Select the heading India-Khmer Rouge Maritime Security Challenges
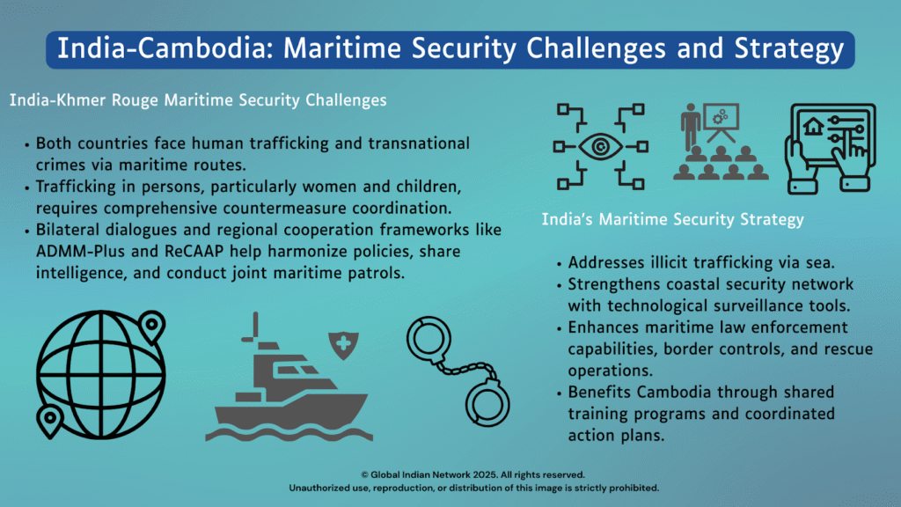point(198,100)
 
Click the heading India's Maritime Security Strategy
point(673,219)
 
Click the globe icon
point(101,375)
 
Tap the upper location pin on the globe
point(151,326)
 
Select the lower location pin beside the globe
point(49,422)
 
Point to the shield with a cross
point(344,345)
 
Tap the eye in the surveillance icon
point(600,147)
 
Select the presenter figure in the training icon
point(690,127)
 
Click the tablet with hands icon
point(831,148)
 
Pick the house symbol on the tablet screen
point(813,127)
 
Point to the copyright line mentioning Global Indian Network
point(472,474)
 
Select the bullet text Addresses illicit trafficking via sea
point(701,262)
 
